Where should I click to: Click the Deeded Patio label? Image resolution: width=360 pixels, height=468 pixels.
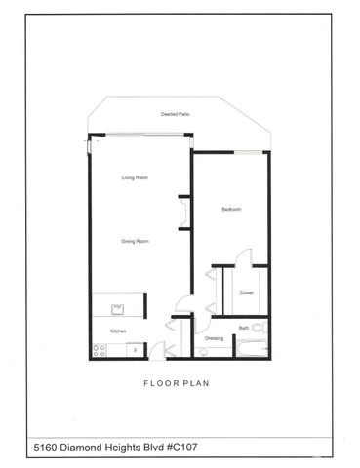(176, 115)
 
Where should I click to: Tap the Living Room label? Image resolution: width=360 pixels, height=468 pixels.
(134, 177)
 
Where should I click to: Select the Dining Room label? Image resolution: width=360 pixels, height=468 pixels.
(135, 241)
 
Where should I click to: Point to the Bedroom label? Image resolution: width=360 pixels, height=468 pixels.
(232, 210)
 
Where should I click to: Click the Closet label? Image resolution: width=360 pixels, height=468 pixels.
(247, 292)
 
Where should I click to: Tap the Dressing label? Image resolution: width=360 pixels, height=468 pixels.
(214, 338)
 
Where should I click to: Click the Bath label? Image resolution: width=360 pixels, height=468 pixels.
(245, 328)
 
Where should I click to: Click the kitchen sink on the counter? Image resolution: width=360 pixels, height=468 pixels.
(117, 310)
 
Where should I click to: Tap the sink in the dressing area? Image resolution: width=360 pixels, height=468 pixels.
(204, 353)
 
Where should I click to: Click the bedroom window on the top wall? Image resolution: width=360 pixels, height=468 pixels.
(251, 151)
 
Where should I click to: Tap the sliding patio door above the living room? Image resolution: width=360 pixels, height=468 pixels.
(137, 136)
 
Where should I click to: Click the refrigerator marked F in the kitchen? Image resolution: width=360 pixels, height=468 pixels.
(135, 348)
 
